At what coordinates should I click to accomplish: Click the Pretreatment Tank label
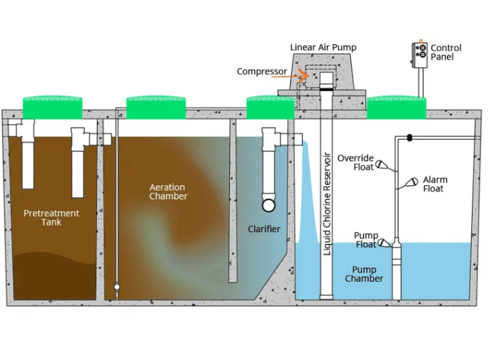click(x=51, y=218)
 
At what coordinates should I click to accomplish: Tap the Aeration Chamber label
click(x=168, y=191)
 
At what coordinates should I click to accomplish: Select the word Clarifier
click(x=264, y=229)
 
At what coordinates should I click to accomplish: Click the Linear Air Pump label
click(x=323, y=47)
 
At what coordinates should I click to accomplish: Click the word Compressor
click(x=262, y=71)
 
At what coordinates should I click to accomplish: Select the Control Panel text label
click(x=446, y=52)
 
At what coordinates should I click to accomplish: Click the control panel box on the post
click(x=420, y=55)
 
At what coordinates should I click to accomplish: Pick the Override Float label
click(x=355, y=163)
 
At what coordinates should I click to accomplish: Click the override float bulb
click(x=381, y=164)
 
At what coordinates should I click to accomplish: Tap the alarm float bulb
click(x=412, y=182)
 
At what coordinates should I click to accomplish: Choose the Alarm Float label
click(x=435, y=184)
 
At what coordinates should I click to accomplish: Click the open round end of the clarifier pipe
click(x=268, y=205)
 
